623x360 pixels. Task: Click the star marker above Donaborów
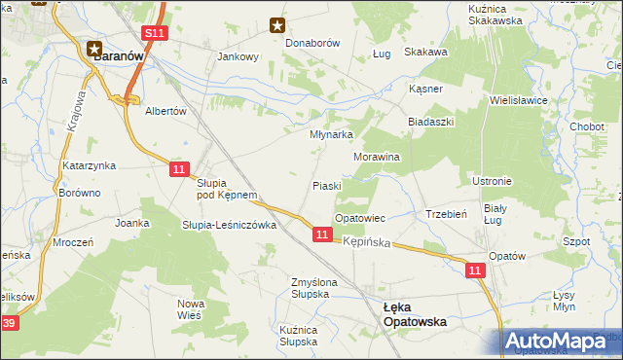tap(277, 26)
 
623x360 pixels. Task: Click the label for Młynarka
tap(330, 135)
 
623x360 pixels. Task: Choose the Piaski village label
tap(326, 186)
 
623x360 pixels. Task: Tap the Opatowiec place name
tap(361, 218)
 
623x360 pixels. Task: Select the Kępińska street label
tap(366, 240)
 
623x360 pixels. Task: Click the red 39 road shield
tap(9, 323)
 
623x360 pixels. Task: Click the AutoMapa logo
tap(561, 342)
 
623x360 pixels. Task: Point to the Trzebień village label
tap(448, 214)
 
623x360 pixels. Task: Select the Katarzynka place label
tap(90, 166)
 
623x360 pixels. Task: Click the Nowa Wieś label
tap(191, 309)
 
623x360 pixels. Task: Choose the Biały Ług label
tap(496, 215)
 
